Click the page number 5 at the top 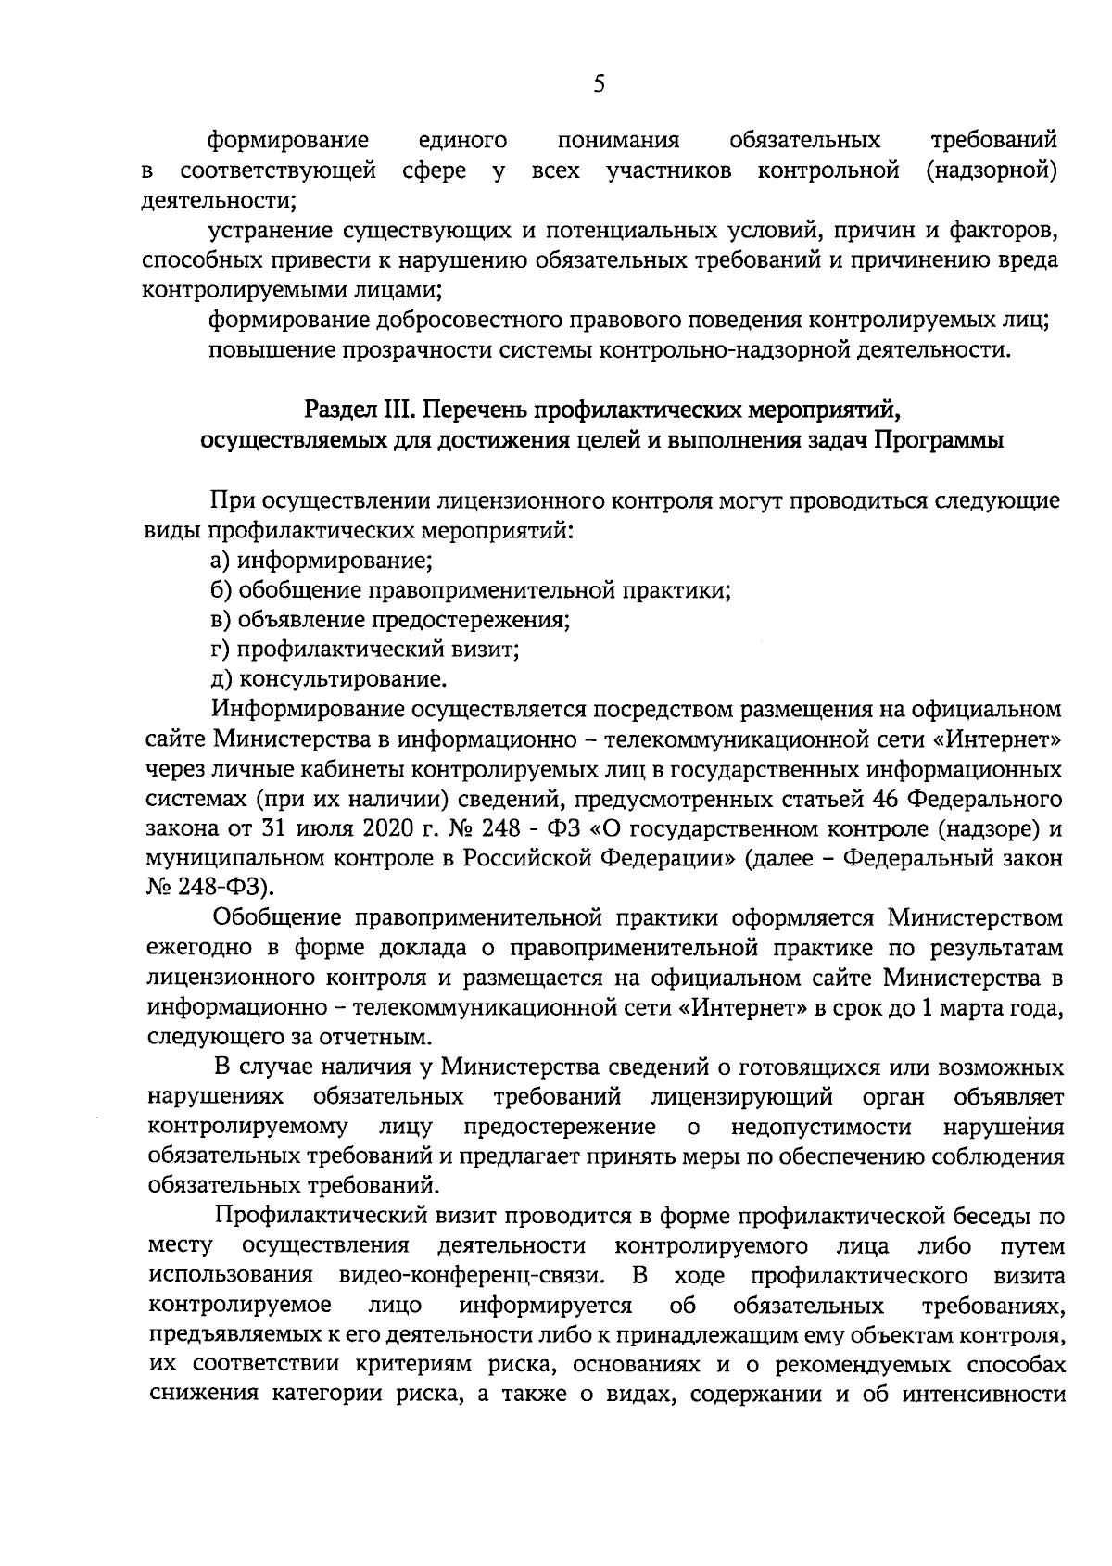tap(598, 84)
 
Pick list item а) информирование tap(322, 560)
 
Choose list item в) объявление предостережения tap(389, 619)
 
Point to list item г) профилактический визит tap(365, 649)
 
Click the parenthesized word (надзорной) tap(992, 170)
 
